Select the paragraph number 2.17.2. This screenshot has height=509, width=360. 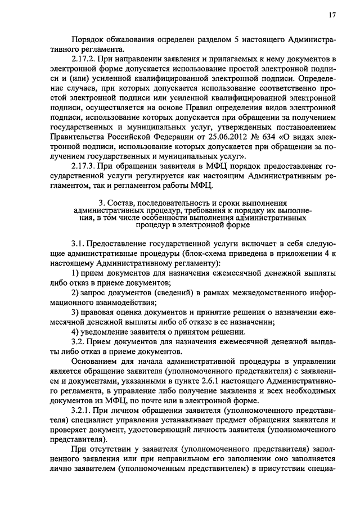tap(84, 58)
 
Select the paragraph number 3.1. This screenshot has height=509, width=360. tap(78, 246)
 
